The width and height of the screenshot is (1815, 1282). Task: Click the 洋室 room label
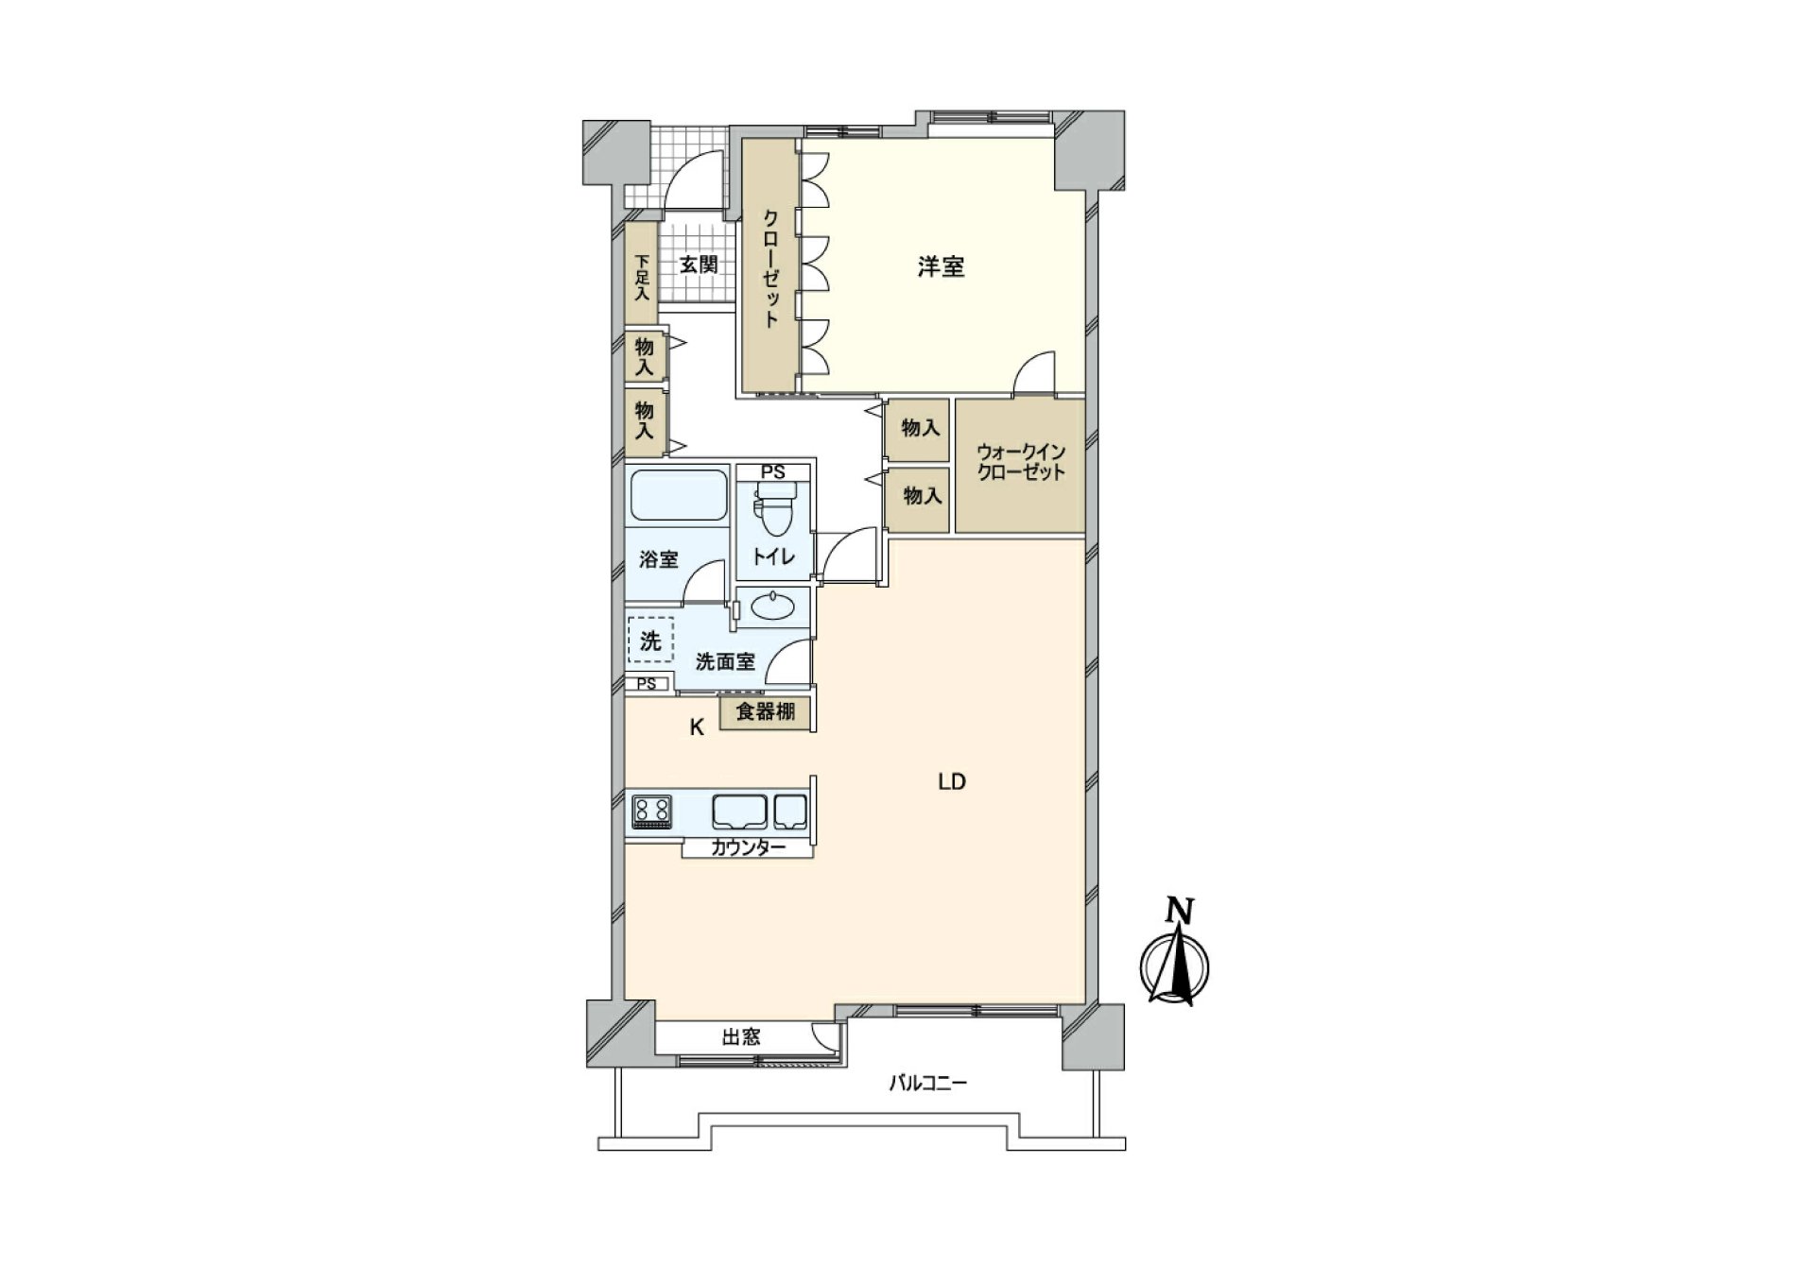coord(941,267)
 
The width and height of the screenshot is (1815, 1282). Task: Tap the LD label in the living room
coord(951,782)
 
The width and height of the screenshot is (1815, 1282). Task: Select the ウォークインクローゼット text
coord(1021,463)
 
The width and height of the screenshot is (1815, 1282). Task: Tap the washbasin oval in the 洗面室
coord(773,606)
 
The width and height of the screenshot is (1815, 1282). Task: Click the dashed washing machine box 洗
coord(650,641)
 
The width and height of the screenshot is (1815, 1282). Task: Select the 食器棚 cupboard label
coord(766,712)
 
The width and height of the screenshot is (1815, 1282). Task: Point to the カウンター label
coord(748,848)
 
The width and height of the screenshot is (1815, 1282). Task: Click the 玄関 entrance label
coord(699,265)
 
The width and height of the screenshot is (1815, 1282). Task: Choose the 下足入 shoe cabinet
coord(642,276)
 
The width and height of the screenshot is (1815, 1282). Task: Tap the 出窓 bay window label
coord(741,1037)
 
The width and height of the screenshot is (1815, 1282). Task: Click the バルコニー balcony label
coord(927,1084)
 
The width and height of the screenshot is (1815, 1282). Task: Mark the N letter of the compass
coord(1179,911)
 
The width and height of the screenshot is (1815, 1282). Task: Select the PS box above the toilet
coord(773,472)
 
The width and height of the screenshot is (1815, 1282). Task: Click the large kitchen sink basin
coord(739,812)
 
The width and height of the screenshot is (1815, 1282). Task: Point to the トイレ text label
coord(773,557)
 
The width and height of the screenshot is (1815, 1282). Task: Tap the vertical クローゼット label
coord(770,267)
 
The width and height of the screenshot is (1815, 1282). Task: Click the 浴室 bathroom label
coord(659,559)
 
